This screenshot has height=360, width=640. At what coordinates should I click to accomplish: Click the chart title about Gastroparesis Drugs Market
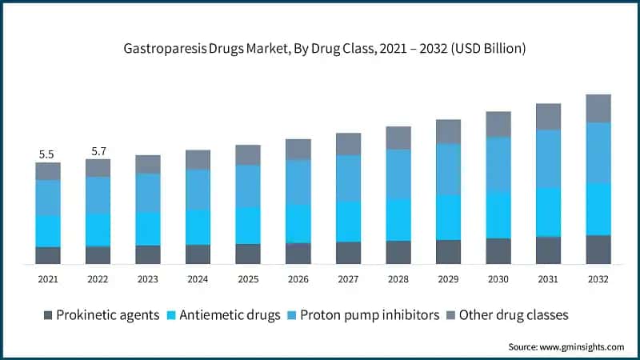pyautogui.click(x=320, y=48)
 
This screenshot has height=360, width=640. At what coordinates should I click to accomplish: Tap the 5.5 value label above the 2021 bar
pyautogui.click(x=47, y=154)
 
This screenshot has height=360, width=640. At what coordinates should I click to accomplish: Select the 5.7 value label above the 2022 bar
pyautogui.click(x=98, y=150)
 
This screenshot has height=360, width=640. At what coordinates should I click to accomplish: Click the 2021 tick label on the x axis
pyautogui.click(x=47, y=279)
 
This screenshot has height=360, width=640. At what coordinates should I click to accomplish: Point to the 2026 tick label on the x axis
pyautogui.click(x=298, y=279)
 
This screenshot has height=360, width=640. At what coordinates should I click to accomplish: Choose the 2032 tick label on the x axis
pyautogui.click(x=598, y=279)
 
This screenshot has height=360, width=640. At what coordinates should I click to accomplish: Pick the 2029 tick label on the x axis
pyautogui.click(x=448, y=279)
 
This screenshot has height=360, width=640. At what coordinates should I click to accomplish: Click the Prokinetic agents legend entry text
pyautogui.click(x=108, y=315)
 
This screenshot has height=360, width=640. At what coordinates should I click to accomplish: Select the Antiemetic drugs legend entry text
pyautogui.click(x=229, y=315)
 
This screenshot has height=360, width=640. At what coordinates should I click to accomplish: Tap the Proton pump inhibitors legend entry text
pyautogui.click(x=370, y=315)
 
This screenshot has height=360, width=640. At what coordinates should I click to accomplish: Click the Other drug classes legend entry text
pyautogui.click(x=518, y=315)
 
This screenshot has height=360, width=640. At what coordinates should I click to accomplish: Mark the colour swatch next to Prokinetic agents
pyautogui.click(x=47, y=315)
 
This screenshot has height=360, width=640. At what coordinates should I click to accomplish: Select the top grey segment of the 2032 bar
pyautogui.click(x=598, y=108)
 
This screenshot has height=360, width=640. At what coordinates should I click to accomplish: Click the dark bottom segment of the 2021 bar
pyautogui.click(x=48, y=255)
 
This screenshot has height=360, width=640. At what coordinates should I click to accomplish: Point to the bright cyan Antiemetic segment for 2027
pyautogui.click(x=348, y=222)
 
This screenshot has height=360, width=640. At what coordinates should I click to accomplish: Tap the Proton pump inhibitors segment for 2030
pyautogui.click(x=498, y=164)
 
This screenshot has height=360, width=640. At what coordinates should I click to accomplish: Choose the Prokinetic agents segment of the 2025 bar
pyautogui.click(x=248, y=254)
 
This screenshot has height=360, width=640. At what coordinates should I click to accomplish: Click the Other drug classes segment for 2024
pyautogui.click(x=198, y=159)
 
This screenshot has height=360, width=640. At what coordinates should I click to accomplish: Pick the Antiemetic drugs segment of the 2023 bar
pyautogui.click(x=148, y=229)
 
